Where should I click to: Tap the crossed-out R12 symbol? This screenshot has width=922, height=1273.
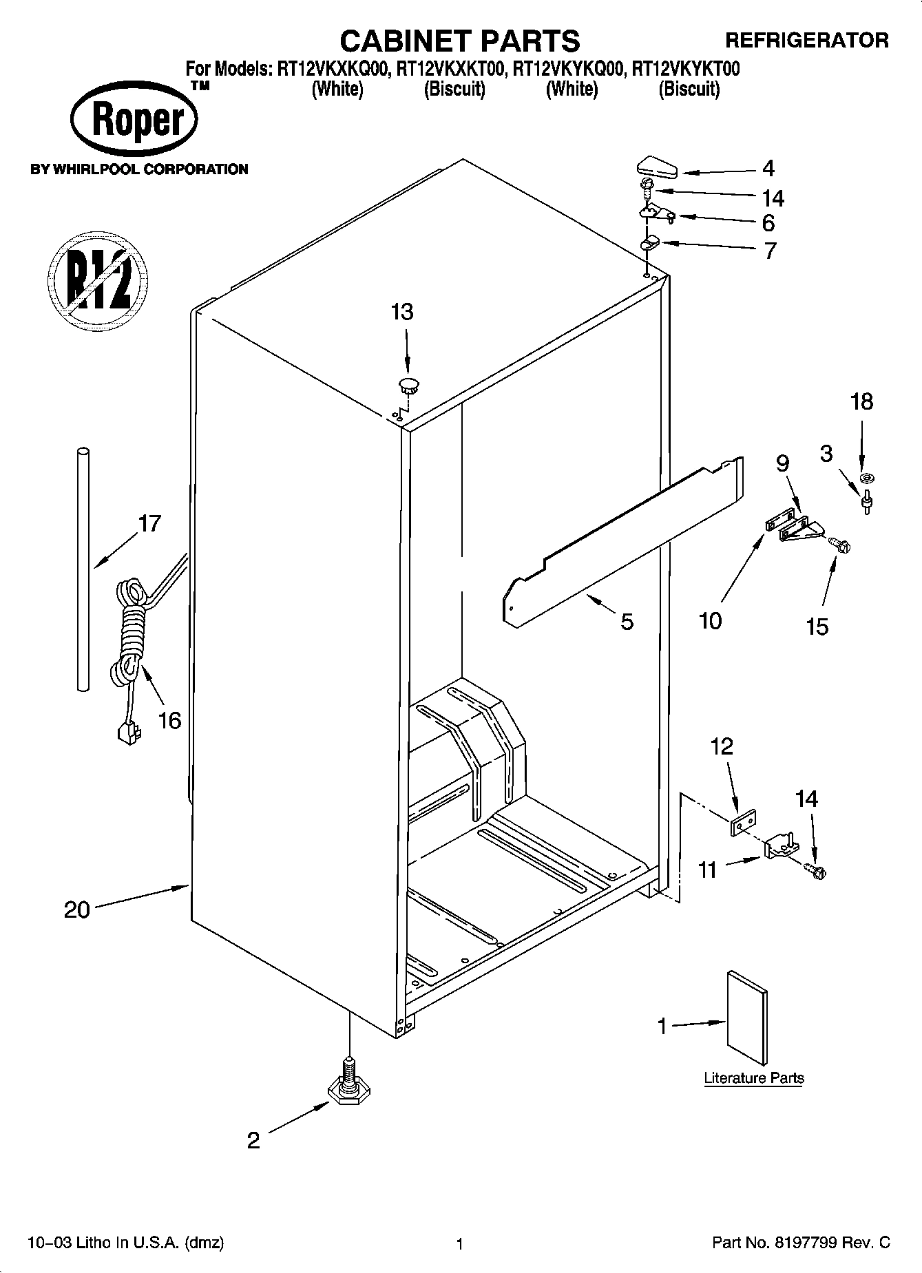click(x=98, y=282)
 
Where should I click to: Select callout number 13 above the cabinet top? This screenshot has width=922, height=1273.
click(x=402, y=312)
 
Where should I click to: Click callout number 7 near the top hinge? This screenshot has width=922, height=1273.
click(x=769, y=250)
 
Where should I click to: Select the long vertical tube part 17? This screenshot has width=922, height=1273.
click(x=83, y=568)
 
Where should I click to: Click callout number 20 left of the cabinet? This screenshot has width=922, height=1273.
click(x=77, y=910)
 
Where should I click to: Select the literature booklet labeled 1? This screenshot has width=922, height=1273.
click(x=746, y=1018)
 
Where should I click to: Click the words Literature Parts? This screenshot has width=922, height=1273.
click(x=753, y=1078)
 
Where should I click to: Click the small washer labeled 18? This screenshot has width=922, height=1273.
click(x=865, y=477)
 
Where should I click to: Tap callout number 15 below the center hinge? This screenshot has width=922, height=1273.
click(x=817, y=627)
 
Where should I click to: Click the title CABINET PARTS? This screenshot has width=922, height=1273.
click(x=460, y=41)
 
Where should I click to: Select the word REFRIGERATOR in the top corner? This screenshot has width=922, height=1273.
click(x=807, y=41)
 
